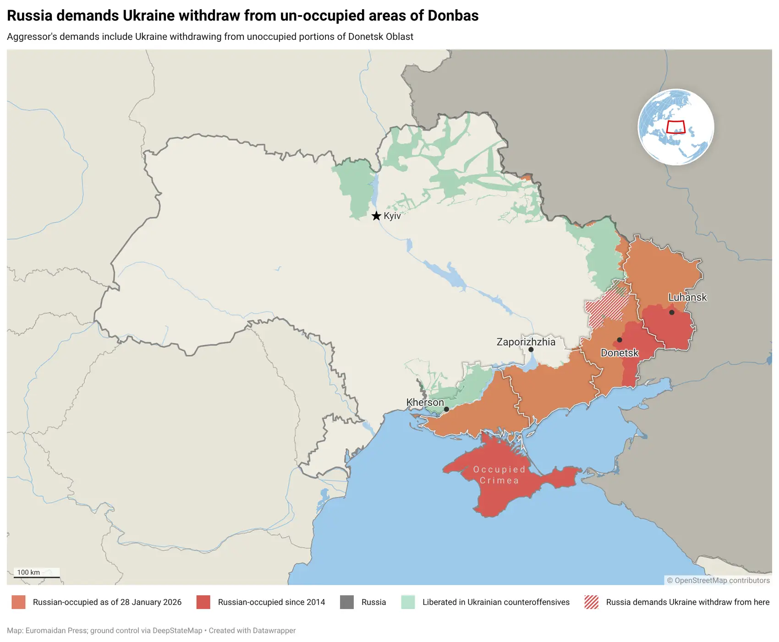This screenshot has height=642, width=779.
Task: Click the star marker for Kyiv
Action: coord(376,216)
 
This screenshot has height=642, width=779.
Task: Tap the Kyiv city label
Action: coord(392,216)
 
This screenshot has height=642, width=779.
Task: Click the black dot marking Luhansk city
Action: coord(672,312)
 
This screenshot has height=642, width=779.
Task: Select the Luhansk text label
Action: coord(687,297)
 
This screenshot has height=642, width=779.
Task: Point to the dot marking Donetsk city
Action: coord(620,340)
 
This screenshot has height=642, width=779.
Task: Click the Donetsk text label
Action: coord(620,353)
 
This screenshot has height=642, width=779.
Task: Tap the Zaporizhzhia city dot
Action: coord(531,349)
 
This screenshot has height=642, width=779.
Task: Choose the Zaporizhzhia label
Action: coord(526,342)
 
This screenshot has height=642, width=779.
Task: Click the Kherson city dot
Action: coord(446,409)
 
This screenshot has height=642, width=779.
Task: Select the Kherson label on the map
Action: coord(425,402)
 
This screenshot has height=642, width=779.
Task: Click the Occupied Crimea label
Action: coord(499,475)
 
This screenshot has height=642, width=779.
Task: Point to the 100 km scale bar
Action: coord(37,577)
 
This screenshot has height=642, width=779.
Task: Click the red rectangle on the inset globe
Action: coord(675,127)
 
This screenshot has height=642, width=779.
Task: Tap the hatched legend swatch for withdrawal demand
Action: coord(592,602)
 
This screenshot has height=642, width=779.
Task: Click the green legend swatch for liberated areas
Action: coord(408,602)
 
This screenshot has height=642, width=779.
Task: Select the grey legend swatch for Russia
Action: coord(347,602)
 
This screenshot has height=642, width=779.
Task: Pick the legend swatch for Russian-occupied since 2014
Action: coord(203,602)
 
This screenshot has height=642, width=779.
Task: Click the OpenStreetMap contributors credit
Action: coord(718,580)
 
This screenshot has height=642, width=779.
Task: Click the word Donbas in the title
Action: coord(453,16)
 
